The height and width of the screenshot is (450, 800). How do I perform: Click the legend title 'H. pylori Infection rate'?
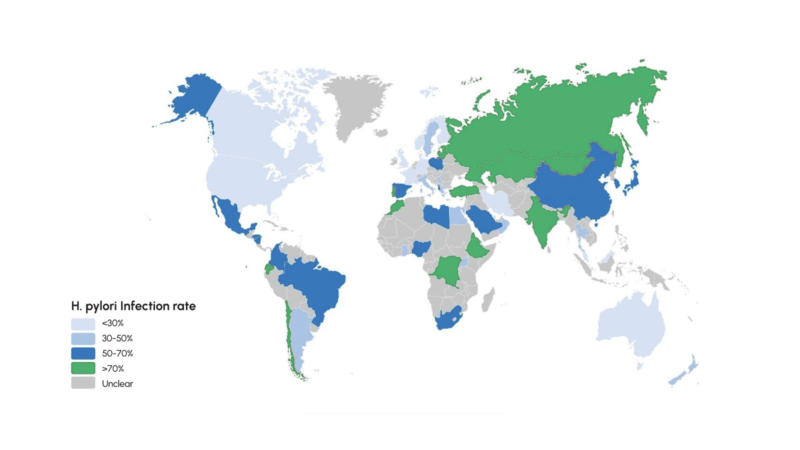coord(133,306)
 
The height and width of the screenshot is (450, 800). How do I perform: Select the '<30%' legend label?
coord(112,323)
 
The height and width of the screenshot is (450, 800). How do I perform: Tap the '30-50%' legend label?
coord(117,338)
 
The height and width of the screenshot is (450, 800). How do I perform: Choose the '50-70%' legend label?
coord(117,353)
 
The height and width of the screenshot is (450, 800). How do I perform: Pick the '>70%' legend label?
coord(113,368)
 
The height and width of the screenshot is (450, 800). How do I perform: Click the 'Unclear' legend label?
coord(117,384)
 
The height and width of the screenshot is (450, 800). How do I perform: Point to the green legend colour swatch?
coord(83,368)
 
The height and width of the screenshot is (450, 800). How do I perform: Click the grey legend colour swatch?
coord(83,383)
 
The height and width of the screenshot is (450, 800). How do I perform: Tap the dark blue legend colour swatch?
coord(83,353)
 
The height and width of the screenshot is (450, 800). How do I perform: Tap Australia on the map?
coord(631,325)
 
